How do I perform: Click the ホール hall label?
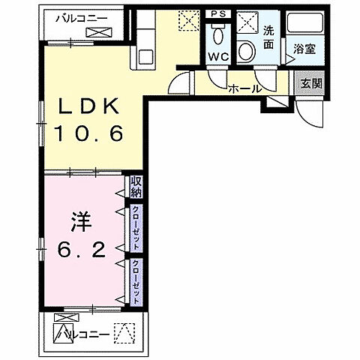[x=244, y=88]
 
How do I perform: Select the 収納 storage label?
[x=136, y=186]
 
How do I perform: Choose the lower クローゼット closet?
[x=136, y=280]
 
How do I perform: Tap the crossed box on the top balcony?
[x=97, y=33]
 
